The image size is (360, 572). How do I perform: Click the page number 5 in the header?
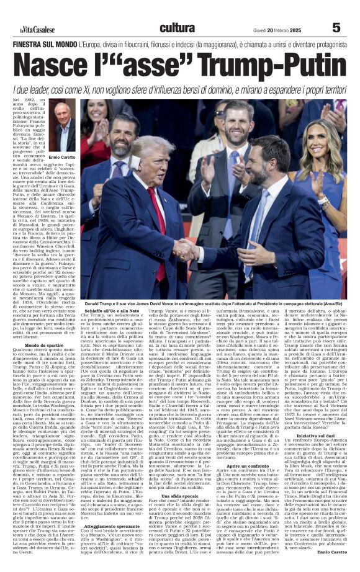point(336,27)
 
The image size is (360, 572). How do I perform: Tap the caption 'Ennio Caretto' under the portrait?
point(62,157)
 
